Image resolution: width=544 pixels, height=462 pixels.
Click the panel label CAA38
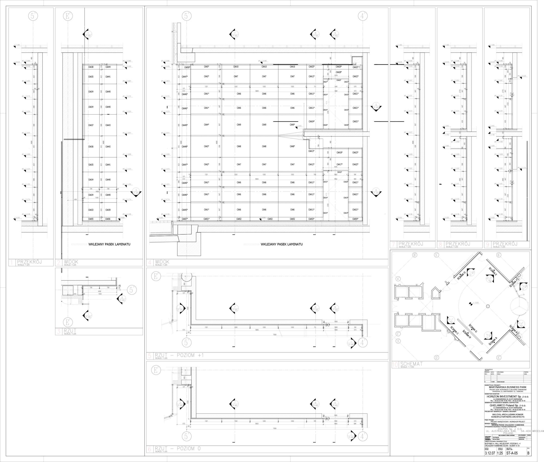tap(91, 67)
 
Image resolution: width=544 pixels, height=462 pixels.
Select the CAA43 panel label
tap(108, 125)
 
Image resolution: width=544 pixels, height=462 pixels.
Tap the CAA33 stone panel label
tap(91, 210)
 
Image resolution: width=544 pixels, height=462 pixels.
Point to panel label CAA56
tap(108, 219)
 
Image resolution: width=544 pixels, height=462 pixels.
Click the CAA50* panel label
tap(187, 67)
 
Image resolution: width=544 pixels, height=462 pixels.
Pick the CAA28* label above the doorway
tap(339, 72)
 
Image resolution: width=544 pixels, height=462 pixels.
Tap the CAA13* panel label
tap(311, 151)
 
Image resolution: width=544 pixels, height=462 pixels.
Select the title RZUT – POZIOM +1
tap(179, 355)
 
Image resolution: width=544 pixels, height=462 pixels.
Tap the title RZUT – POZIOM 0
tap(177, 448)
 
